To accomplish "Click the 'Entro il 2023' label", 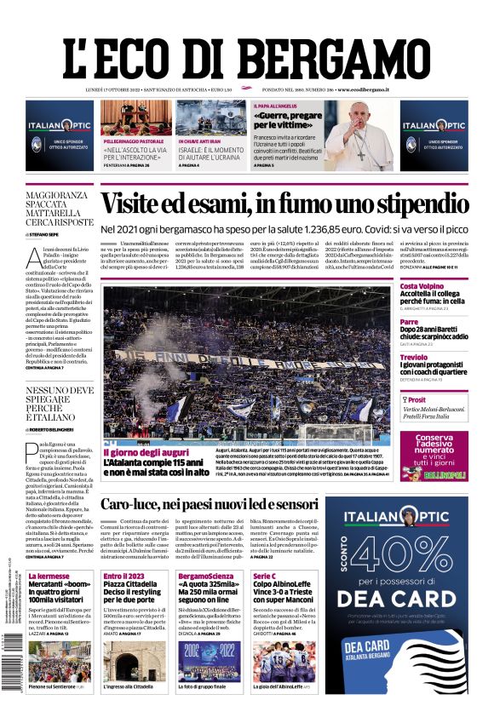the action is click(x=123, y=577).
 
